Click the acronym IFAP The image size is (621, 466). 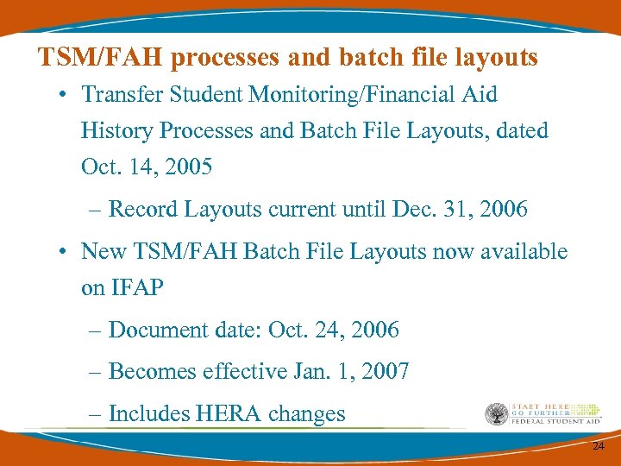click(137, 287)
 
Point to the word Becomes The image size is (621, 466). click(152, 372)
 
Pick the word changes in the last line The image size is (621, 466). click(306, 414)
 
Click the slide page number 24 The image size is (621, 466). click(598, 447)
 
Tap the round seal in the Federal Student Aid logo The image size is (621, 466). click(496, 415)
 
